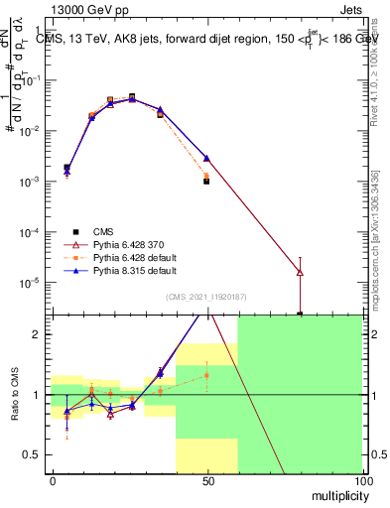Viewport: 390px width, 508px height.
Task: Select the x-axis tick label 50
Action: coord(206,481)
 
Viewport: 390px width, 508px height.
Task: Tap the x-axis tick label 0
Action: coord(52,481)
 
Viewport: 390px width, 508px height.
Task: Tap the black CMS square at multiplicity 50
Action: coord(206,182)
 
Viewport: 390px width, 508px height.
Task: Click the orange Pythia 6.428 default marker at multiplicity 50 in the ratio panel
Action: coord(206,375)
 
